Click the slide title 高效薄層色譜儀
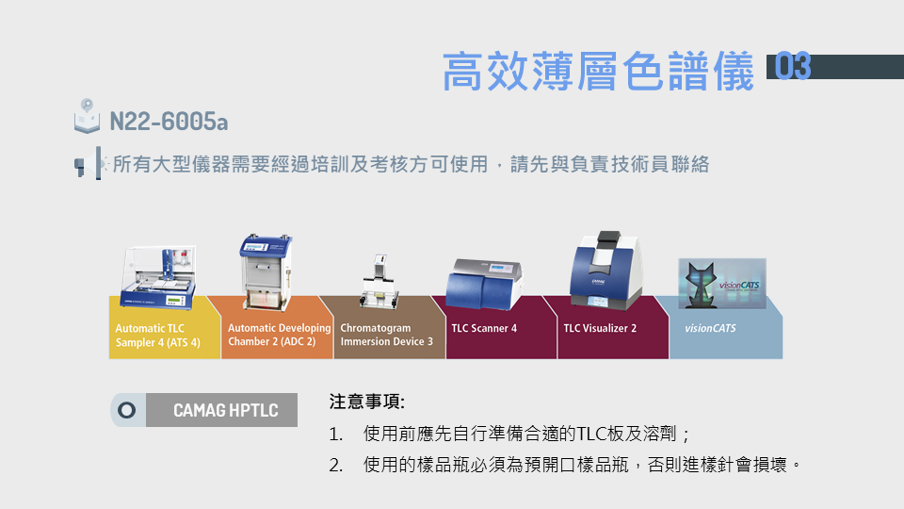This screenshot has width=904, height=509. [599, 71]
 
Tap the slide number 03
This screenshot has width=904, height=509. [793, 66]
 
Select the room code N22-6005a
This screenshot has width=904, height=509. [169, 122]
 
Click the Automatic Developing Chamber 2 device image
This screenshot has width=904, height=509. [266, 272]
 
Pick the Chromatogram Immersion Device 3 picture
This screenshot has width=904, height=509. [379, 282]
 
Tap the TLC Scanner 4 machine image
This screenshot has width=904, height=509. [484, 285]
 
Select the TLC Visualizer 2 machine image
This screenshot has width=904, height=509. [605, 271]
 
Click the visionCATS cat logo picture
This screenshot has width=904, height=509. [722, 284]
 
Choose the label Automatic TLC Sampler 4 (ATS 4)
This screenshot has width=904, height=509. [158, 336]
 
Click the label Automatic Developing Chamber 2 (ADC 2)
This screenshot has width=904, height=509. [280, 335]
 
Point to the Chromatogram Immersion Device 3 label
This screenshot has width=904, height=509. [386, 335]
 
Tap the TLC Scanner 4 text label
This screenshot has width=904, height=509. [484, 328]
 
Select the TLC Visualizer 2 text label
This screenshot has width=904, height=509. [600, 328]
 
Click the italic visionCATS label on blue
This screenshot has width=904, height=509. [710, 328]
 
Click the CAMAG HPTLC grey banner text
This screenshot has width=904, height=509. [225, 410]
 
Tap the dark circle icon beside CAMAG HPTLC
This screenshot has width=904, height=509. [127, 410]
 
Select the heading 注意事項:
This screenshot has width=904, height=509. [366, 402]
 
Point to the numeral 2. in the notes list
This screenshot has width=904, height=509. [336, 465]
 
